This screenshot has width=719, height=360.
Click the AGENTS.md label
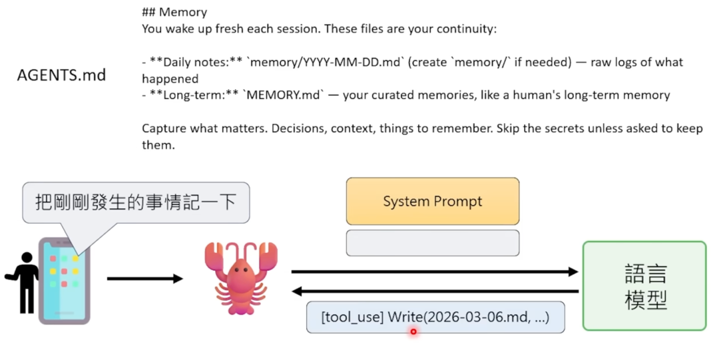coord(61,75)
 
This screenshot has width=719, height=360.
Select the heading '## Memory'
coord(174,13)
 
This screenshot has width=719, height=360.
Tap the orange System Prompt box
coord(432,201)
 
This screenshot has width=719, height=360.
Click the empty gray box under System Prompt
coord(432,243)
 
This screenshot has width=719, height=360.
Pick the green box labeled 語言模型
coord(644,286)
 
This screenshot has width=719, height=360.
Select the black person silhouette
coord(25,282)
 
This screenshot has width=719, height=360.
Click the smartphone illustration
coord(64,280)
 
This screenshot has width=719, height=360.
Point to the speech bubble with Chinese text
coord(136,202)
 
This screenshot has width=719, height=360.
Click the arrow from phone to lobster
coord(144,279)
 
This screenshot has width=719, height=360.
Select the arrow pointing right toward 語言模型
coord(434,271)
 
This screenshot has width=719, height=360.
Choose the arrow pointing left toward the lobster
coord(434,291)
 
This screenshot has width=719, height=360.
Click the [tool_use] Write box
coord(435,317)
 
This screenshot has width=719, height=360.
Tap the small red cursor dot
coord(413,331)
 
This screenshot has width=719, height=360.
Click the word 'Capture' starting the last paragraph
coord(164,128)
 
